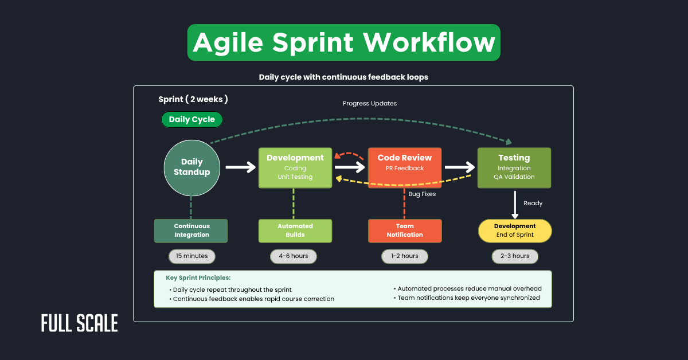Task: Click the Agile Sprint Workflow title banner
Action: point(343,42)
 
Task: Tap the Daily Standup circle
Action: point(191,167)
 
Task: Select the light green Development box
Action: point(295,167)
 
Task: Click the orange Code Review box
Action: point(404,167)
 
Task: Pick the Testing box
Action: point(514,167)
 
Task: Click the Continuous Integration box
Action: point(191,230)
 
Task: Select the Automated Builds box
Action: point(295,230)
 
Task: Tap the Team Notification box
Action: point(404,230)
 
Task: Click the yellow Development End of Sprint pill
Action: point(514,230)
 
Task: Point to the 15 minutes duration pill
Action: point(191,256)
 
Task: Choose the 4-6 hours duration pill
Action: point(293,256)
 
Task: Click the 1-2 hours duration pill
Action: point(404,256)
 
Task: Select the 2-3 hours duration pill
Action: point(514,256)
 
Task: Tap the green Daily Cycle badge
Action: point(191,120)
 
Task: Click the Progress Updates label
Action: point(370,104)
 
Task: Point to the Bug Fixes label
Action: point(422,194)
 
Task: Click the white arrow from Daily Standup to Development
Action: point(240,167)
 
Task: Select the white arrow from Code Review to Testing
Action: point(459,167)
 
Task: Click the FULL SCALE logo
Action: point(79,323)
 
